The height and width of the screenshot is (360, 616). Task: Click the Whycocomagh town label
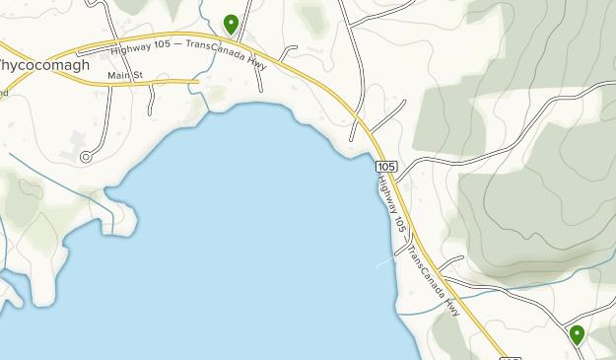[x=44, y=65]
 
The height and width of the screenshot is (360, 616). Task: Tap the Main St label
[x=125, y=76]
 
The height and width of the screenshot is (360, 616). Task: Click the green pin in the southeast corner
[x=577, y=334]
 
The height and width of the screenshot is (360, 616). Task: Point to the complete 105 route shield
[x=386, y=166]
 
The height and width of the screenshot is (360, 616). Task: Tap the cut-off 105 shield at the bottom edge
[x=510, y=357]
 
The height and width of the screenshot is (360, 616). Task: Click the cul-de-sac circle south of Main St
[x=86, y=156]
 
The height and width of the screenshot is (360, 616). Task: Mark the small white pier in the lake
[x=384, y=264]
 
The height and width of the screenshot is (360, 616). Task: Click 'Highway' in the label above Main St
[x=131, y=49]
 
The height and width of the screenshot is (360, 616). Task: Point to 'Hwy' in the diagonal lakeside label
[x=453, y=306]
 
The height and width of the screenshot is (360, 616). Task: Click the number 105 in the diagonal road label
[x=400, y=225]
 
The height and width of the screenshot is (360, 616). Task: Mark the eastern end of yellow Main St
[x=198, y=82]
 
